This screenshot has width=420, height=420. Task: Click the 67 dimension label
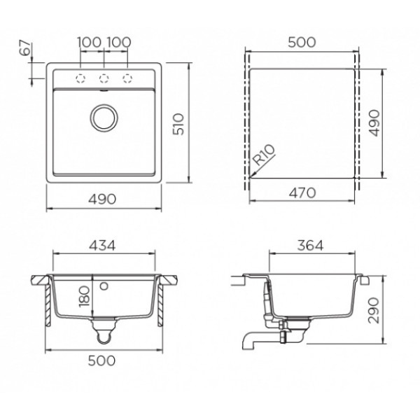coord(26,48)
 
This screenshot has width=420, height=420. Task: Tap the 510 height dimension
coord(178,124)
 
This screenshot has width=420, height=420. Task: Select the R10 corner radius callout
coord(264,155)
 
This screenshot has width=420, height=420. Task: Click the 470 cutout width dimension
coord(302,192)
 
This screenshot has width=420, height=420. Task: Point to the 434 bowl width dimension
coord(102,246)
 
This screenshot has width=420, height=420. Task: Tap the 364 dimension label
coord(310,246)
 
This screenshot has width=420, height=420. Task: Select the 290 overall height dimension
coord(374,310)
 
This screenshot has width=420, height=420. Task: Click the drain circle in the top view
coord(104,118)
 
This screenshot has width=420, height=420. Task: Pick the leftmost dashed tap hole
coord(80,78)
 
